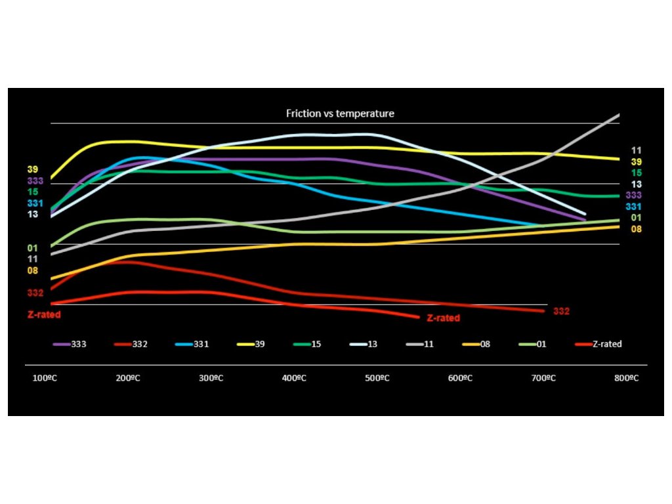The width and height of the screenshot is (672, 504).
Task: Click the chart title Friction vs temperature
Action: pos(340,114)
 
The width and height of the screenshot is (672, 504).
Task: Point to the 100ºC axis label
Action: pos(45,379)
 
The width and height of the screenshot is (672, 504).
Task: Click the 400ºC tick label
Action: pos(294,379)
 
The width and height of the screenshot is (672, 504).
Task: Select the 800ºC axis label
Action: pos(626,379)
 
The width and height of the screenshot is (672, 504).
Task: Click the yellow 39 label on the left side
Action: pos(33,169)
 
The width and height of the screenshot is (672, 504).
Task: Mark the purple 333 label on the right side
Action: pos(634,196)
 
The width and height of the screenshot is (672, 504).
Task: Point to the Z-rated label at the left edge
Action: pos(44,315)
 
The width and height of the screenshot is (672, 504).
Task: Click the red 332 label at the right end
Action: pos(561,311)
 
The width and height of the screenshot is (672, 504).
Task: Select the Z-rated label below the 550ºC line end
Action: pos(443,318)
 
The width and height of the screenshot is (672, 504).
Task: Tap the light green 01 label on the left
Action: pos(33,248)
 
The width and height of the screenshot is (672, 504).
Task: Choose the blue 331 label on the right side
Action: pos(634,207)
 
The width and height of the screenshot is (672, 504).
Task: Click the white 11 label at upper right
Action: pos(636,150)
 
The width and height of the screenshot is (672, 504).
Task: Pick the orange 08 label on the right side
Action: pos(636,229)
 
